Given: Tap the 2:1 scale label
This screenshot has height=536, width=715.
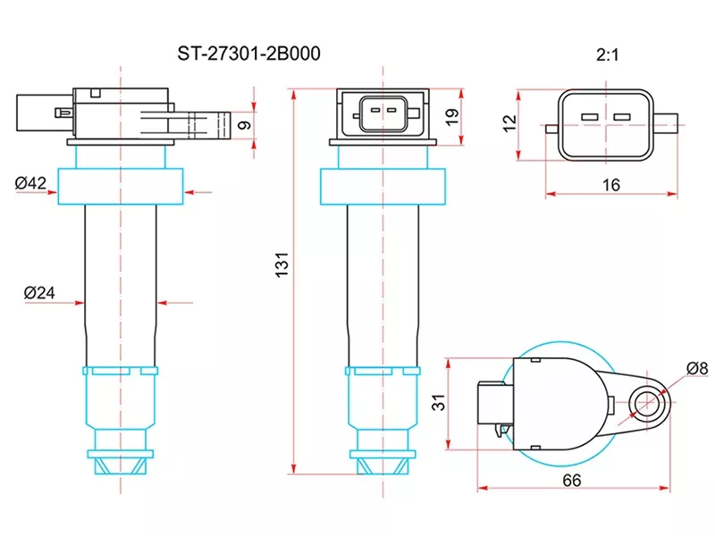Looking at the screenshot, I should coord(608,54).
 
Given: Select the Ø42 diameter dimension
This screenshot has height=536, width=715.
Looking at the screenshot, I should coord(30,183).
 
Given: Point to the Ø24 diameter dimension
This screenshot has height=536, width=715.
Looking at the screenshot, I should coord(40,292).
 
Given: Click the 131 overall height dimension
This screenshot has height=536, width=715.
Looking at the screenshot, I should coord(281,265).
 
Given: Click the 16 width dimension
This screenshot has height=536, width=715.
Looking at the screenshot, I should coord(610,184).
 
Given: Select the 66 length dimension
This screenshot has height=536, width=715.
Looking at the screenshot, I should coord(573,480).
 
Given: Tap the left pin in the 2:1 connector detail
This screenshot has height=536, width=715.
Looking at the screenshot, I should coord(589,117).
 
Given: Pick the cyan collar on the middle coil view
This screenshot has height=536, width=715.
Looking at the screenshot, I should coord(382,186).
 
